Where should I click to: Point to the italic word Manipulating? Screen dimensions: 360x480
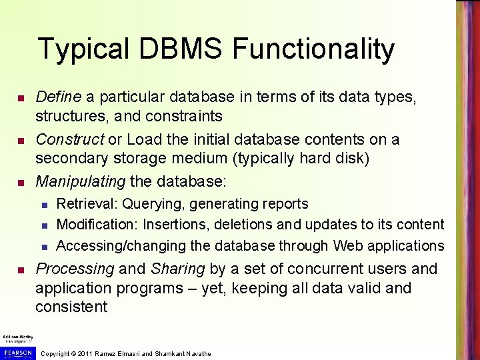point(80,181)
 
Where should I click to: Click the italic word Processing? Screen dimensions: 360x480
point(75,269)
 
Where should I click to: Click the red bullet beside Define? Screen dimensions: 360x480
point(21,99)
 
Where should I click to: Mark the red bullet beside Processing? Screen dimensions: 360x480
point(21,270)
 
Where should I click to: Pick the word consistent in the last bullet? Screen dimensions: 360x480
point(71,307)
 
